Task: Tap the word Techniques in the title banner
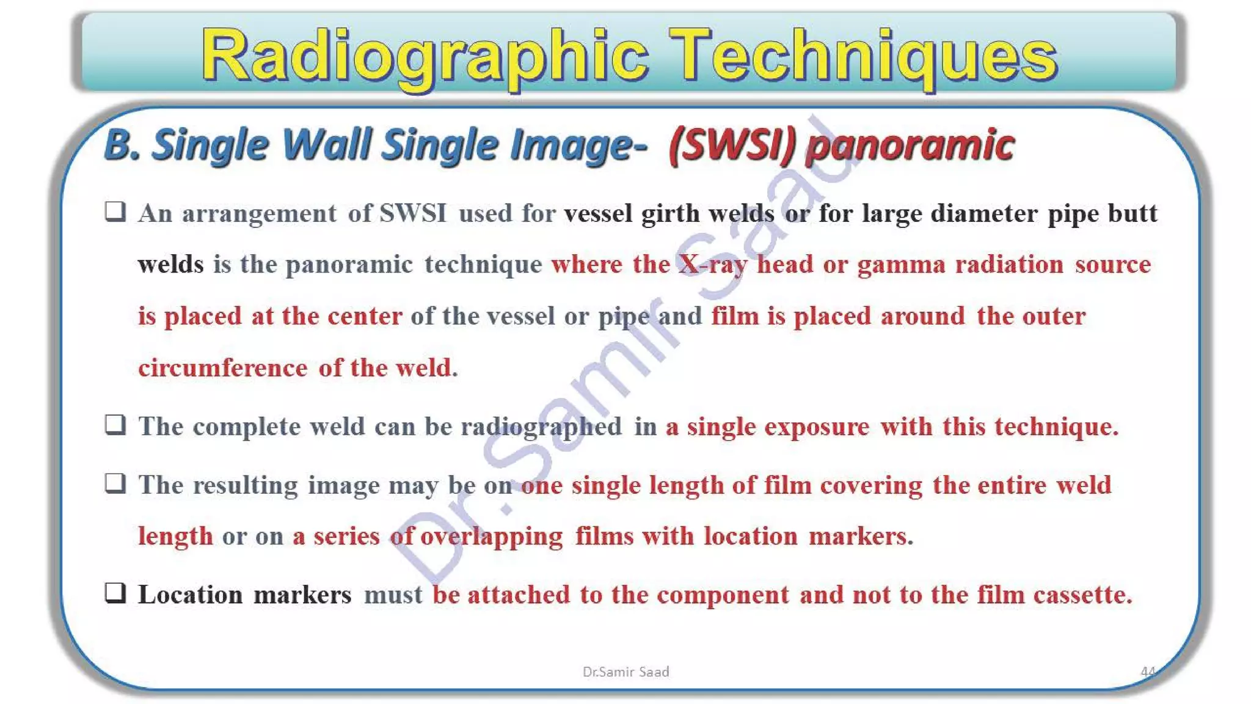point(862,56)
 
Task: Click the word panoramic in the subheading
point(910,145)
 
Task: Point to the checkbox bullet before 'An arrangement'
point(115,211)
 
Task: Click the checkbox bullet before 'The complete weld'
point(115,424)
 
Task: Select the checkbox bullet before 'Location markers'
point(115,592)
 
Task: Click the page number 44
point(1148,672)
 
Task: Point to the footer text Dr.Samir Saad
point(625,672)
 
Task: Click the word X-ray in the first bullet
point(713,265)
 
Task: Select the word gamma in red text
point(901,265)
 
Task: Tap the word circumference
point(223,368)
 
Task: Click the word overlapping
point(492,537)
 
